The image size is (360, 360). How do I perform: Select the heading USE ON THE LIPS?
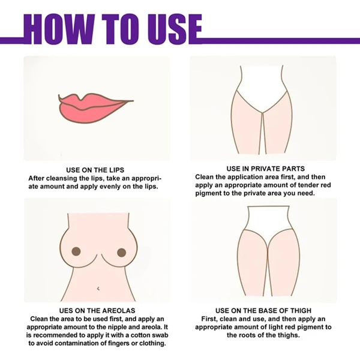[95, 170]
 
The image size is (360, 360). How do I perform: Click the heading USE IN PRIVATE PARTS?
[266, 169]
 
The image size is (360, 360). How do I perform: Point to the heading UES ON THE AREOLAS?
[97, 310]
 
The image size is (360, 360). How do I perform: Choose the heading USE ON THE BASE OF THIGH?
[263, 310]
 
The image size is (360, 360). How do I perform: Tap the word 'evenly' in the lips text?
[110, 186]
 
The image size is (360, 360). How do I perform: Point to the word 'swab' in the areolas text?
[160, 335]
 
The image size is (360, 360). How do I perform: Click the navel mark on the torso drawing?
[98, 289]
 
